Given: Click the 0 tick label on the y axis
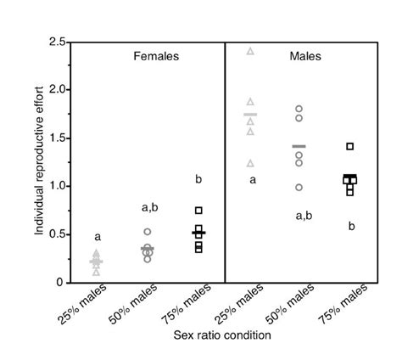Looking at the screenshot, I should point(62,282).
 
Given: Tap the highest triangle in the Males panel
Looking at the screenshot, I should point(250,51).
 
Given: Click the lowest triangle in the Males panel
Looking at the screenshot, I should point(250,162).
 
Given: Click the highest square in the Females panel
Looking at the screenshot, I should point(198,210).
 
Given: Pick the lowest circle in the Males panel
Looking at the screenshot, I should point(299,187).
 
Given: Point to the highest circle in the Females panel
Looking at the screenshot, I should point(148,232).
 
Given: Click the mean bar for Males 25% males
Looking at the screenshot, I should point(250,115).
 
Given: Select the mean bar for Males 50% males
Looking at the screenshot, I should point(299,147).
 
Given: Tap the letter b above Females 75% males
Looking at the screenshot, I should point(198,179).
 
